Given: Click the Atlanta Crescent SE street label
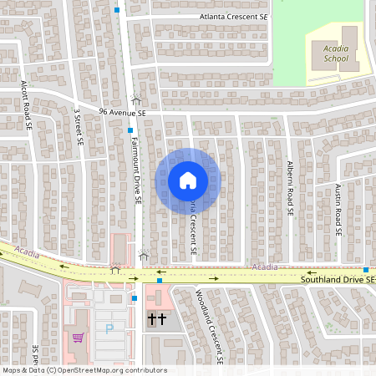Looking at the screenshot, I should click(x=235, y=16).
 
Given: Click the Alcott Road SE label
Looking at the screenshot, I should click(x=28, y=105).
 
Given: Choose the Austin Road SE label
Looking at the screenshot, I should click(x=338, y=209).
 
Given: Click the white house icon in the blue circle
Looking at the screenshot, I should click(x=187, y=180).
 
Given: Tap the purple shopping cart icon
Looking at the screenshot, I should click(x=78, y=338).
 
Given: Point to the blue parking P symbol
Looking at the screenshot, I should click(x=108, y=328).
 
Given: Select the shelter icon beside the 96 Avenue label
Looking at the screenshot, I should click(x=136, y=99).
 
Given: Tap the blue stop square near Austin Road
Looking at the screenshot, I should click(x=366, y=268).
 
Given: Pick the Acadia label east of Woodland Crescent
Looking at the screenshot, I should click(x=265, y=267).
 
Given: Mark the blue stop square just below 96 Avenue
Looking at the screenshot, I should click(x=130, y=130).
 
